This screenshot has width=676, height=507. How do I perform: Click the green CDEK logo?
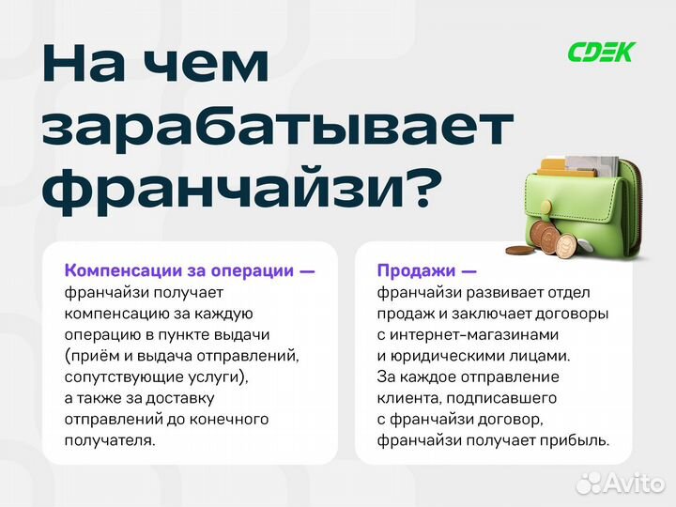point(601,52)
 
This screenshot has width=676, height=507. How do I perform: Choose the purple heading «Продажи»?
point(414,270)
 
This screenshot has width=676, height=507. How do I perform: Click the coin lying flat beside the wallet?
point(519,251)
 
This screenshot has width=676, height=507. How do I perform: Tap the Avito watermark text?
point(633,483)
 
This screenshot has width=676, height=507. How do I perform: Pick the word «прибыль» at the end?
point(576,439)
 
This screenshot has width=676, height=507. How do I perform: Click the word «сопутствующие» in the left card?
point(120,376)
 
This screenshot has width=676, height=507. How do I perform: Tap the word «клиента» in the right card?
point(407,397)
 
